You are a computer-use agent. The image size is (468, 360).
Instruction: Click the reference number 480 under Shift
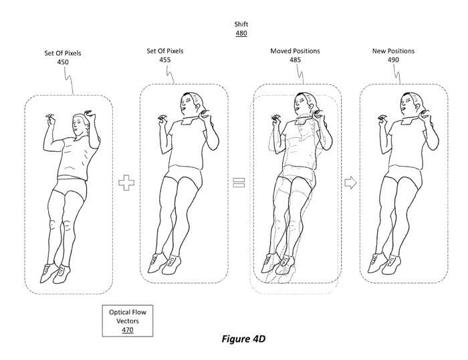pyautogui.click(x=241, y=33)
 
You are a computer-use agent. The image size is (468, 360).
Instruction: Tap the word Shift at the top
pyautogui.click(x=241, y=24)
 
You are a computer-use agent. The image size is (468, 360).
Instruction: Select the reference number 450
pyautogui.click(x=63, y=62)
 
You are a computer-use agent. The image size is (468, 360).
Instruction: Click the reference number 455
pyautogui.click(x=164, y=60)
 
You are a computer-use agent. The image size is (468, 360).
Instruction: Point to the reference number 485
pyautogui.click(x=295, y=60)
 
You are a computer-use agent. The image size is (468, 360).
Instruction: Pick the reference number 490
pyautogui.click(x=393, y=60)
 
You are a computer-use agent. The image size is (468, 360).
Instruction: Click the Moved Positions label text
pyautogui.click(x=295, y=51)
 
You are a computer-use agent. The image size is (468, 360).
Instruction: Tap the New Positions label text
pyautogui.click(x=393, y=51)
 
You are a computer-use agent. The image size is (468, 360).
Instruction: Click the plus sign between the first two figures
pyautogui.click(x=126, y=183)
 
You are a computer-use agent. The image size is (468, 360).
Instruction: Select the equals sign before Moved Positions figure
pyautogui.click(x=239, y=183)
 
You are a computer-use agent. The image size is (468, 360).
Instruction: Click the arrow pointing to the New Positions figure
pyautogui.click(x=350, y=183)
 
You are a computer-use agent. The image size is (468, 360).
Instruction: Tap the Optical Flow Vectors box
pyautogui.click(x=128, y=321)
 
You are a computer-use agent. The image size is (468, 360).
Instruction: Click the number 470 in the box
pyautogui.click(x=128, y=330)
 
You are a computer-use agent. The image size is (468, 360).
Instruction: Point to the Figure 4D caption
pyautogui.click(x=243, y=339)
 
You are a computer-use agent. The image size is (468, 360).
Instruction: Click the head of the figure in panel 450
pyautogui.click(x=80, y=124)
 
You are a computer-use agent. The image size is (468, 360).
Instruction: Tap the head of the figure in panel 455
pyautogui.click(x=190, y=104)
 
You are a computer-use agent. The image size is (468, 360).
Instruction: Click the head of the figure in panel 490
pyautogui.click(x=410, y=104)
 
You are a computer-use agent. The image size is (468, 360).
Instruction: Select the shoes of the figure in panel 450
pyautogui.click(x=55, y=274)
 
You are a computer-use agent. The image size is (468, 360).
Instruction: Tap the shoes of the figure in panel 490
pyautogui.click(x=383, y=264)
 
